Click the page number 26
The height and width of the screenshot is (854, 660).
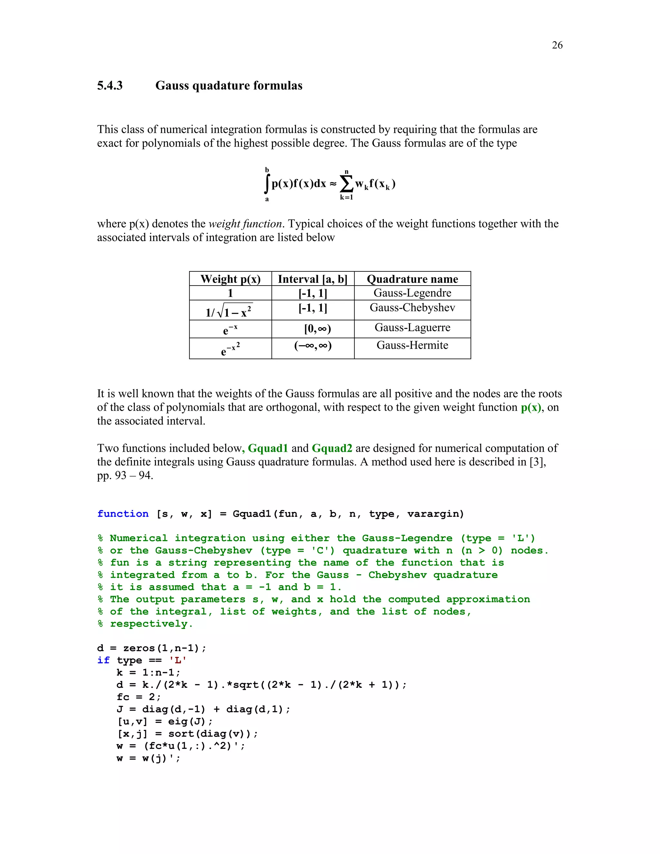click(557, 45)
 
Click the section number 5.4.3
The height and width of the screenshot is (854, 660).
click(110, 86)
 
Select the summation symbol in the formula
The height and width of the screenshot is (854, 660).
click(346, 183)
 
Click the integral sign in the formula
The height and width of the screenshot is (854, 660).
click(267, 184)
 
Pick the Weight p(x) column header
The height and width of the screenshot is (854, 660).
click(230, 279)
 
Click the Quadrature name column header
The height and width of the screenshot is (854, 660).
click(412, 279)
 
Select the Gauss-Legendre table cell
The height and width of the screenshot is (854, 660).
click(412, 293)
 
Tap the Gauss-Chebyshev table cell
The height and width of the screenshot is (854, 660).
click(412, 308)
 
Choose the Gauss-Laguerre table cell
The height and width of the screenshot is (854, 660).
click(412, 328)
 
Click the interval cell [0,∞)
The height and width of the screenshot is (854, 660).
click(317, 329)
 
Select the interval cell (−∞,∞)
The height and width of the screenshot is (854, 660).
click(313, 346)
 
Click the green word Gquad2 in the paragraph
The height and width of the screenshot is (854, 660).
click(332, 448)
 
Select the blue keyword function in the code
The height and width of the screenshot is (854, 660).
click(123, 514)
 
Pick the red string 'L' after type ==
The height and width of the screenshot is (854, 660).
click(178, 660)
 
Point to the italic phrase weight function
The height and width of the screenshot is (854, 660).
click(245, 224)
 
